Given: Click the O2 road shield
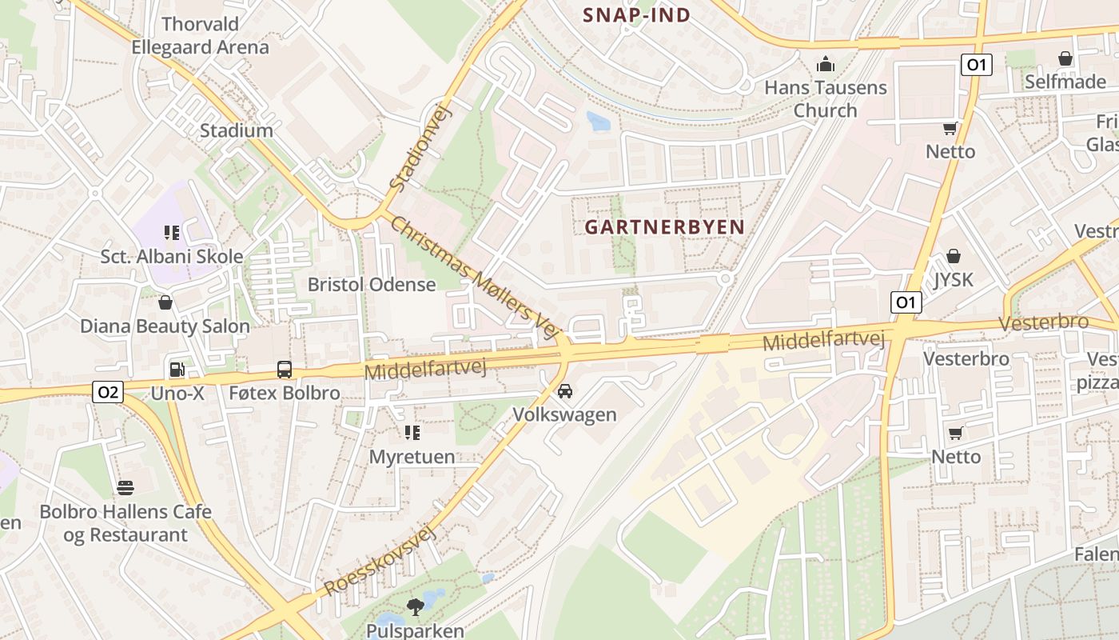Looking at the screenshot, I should pyautogui.click(x=108, y=392).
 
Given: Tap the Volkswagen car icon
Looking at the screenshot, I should pyautogui.click(x=565, y=391).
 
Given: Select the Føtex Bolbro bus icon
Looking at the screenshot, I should pyautogui.click(x=285, y=370).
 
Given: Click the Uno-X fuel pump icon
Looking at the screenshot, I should pyautogui.click(x=176, y=370).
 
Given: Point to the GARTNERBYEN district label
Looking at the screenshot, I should pyautogui.click(x=664, y=227).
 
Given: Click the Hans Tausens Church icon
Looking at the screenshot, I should pyautogui.click(x=825, y=64).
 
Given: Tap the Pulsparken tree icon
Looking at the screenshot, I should pyautogui.click(x=415, y=607).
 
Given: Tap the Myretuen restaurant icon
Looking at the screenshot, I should pyautogui.click(x=412, y=433).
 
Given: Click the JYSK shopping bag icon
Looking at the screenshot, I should pyautogui.click(x=953, y=256).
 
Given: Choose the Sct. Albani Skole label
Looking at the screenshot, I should pyautogui.click(x=172, y=257).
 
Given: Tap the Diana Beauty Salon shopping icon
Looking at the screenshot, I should pyautogui.click(x=165, y=302).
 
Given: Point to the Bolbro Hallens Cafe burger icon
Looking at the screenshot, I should pyautogui.click(x=125, y=487).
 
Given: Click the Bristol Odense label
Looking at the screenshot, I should pyautogui.click(x=372, y=285).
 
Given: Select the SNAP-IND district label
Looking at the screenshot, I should pyautogui.click(x=636, y=14).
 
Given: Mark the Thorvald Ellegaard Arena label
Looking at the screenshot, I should pyautogui.click(x=200, y=35).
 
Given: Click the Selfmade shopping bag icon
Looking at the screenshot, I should pyautogui.click(x=1065, y=58).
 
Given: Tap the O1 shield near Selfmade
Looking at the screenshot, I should pyautogui.click(x=977, y=65).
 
